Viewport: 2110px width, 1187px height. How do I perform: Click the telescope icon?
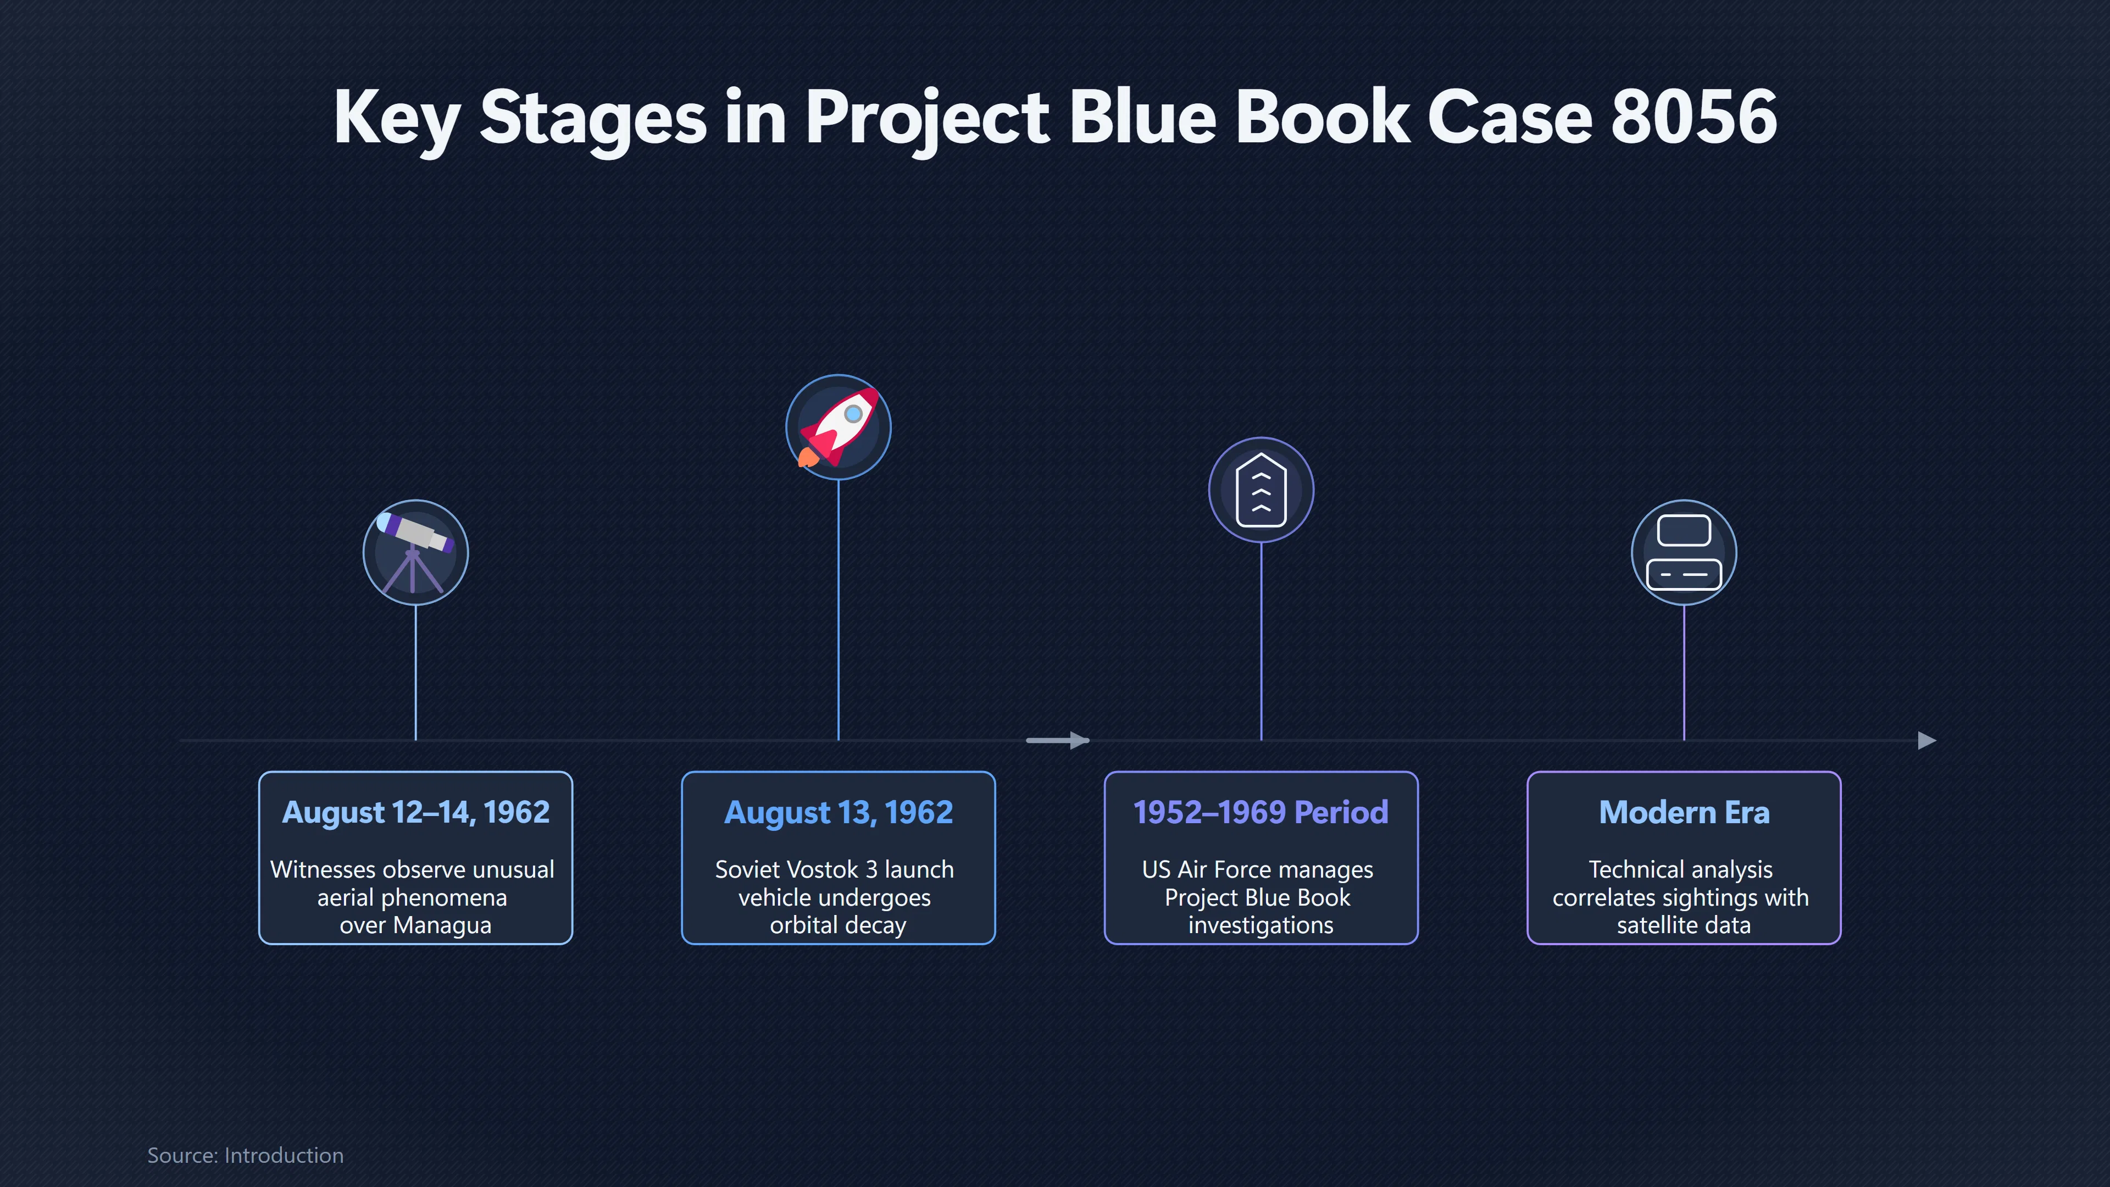[415, 552]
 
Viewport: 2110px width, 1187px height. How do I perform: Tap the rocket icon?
[838, 427]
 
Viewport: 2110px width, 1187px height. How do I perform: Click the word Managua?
[442, 925]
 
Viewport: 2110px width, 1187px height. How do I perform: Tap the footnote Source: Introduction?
[245, 1155]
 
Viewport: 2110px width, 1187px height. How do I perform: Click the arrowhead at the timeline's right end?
[1928, 741]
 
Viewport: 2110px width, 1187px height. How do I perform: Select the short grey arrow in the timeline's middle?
[1057, 741]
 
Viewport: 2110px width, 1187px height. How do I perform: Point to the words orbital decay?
[838, 925]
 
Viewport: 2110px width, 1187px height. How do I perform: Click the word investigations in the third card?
[1261, 925]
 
